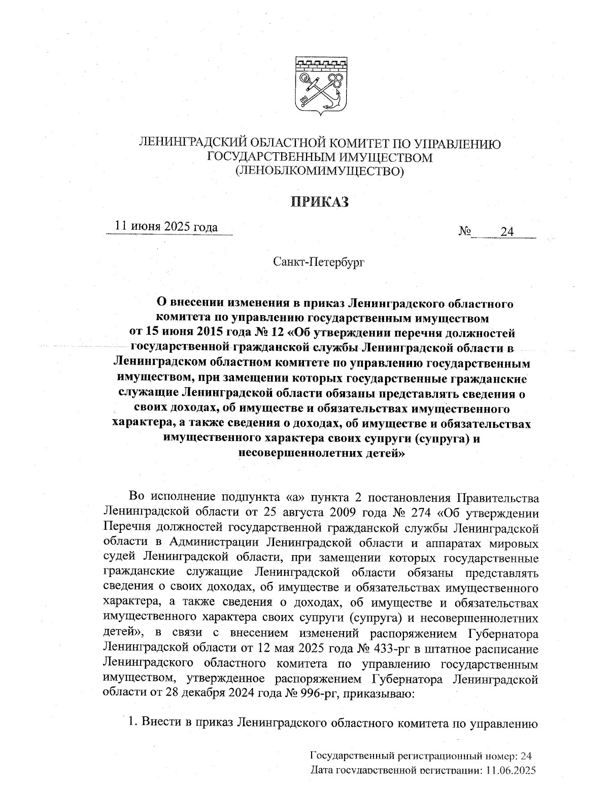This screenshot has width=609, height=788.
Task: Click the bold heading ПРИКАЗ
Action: pos(320,202)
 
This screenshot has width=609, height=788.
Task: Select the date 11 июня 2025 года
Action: pos(167,226)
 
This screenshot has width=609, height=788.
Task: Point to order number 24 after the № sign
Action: pos(507,232)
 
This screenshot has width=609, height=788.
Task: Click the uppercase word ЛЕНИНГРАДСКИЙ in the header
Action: pos(190,144)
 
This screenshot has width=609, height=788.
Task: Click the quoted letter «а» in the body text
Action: pos(298,496)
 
